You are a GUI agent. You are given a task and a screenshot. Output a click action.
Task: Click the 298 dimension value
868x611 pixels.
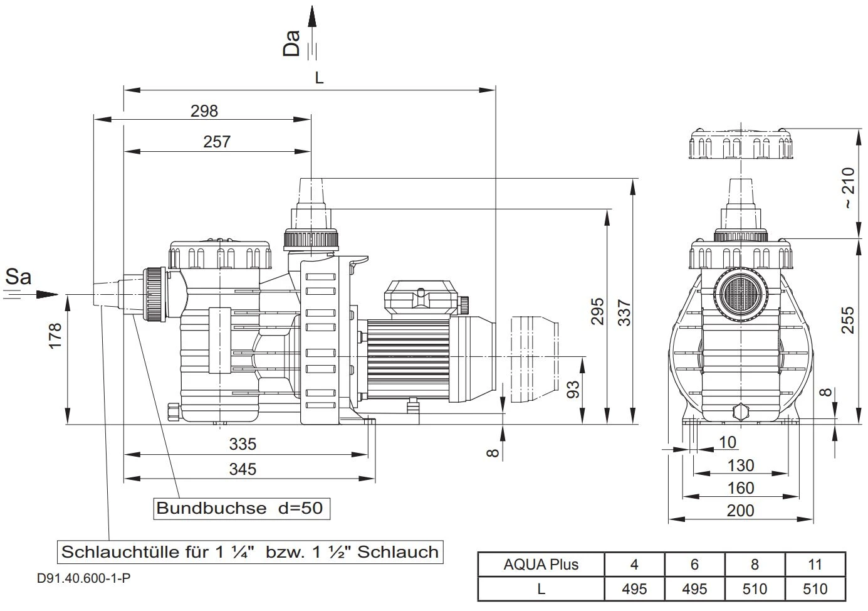[204, 111]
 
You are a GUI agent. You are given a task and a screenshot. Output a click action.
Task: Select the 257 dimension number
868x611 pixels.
[217, 142]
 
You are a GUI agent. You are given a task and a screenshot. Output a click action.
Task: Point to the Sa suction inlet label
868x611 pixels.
[18, 277]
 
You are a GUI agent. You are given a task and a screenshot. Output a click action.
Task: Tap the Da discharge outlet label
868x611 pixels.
[292, 43]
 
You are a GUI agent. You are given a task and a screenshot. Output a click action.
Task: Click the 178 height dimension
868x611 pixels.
[55, 336]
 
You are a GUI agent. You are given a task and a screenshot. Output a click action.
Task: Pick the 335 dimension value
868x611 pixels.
[243, 444]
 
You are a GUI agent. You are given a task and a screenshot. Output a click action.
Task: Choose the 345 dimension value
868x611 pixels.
[243, 469]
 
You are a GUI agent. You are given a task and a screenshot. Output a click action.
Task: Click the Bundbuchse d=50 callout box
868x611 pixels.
[241, 508]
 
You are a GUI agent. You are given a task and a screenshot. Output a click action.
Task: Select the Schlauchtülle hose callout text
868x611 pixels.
[249, 552]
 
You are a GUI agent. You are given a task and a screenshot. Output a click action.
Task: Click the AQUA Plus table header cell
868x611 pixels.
[541, 565]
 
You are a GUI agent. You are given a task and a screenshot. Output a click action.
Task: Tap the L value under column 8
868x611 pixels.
[755, 589]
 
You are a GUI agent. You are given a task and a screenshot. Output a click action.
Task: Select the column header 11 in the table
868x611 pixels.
[815, 565]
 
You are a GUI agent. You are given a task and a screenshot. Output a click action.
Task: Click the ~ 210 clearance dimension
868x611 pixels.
[847, 188]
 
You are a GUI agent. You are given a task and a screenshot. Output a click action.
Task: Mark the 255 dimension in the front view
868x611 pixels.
[847, 320]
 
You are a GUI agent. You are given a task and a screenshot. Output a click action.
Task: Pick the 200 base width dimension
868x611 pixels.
[740, 511]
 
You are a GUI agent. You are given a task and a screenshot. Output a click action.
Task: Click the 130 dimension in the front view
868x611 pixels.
[740, 465]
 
